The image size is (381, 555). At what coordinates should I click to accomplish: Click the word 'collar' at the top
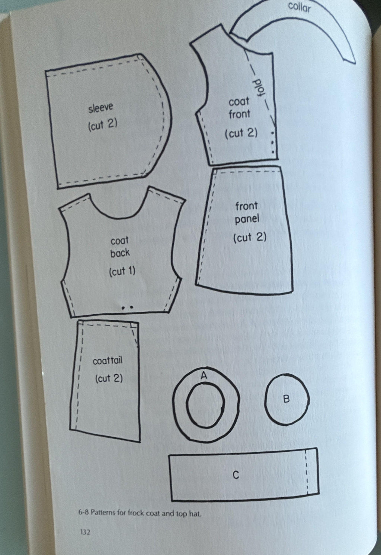point(299,7)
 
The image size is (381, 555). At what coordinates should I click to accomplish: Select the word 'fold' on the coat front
point(260,88)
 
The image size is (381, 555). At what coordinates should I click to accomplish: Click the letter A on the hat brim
point(204,375)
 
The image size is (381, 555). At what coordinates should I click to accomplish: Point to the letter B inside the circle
point(286,399)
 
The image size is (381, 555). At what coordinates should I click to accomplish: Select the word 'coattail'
point(108,361)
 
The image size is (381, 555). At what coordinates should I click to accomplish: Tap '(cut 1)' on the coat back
point(122,272)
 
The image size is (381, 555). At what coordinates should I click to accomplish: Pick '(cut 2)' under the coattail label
point(109,378)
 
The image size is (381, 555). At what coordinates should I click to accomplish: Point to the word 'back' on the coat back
point(120,253)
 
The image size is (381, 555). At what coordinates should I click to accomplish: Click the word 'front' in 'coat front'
point(239,114)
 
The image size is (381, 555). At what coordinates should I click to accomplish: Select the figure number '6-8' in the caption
point(83,513)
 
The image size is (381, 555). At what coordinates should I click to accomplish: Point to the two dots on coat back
point(128,308)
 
